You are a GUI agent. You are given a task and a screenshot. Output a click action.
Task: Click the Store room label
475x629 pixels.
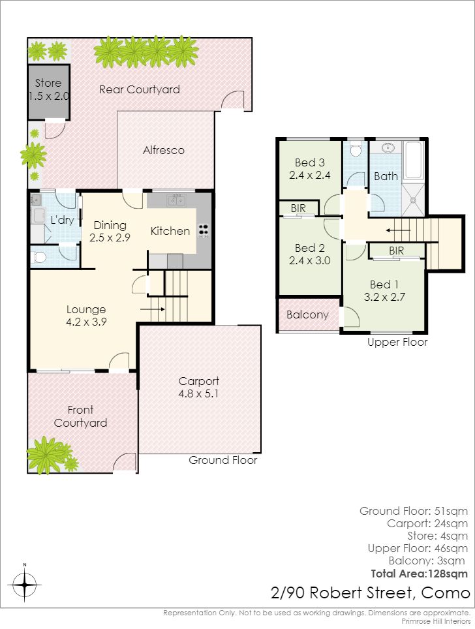coord(48,83)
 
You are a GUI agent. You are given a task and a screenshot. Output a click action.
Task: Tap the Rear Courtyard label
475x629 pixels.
coord(139,89)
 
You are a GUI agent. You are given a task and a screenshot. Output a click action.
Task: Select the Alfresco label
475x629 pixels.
coord(164,150)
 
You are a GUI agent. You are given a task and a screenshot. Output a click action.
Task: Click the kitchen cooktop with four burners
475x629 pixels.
coord(204,231)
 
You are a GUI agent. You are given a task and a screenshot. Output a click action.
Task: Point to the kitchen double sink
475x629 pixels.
coord(176,200)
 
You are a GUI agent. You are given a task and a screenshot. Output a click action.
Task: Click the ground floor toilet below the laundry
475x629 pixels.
coord(39,256)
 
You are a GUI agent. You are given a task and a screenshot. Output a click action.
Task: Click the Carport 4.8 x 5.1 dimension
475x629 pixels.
coord(198,393)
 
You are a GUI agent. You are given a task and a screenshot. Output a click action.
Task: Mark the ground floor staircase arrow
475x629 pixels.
coord(152,309)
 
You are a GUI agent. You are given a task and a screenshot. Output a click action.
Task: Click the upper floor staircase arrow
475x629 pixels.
coord(398,231)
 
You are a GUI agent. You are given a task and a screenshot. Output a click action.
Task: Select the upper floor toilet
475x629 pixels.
coord(356,149)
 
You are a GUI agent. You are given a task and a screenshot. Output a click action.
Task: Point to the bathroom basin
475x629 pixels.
coord(388,147)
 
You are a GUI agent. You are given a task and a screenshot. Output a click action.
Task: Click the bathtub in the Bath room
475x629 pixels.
coord(413,160)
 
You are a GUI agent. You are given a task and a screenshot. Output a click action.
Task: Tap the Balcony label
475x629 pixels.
coord(308,314)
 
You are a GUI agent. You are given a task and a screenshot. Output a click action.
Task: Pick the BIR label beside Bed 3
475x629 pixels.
coord(298,208)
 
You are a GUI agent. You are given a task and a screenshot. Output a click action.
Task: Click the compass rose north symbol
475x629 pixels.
coord(25,584)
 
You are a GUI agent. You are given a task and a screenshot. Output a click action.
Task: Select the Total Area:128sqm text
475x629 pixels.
coord(420,574)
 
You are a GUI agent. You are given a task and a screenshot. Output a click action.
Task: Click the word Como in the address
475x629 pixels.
coord(446,592)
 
